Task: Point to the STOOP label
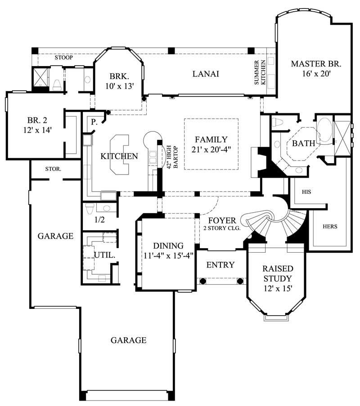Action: pos(63,58)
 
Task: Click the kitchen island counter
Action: pos(119,155)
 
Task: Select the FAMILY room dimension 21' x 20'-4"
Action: pos(211,150)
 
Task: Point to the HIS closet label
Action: pos(306,192)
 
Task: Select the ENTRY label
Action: pos(220,265)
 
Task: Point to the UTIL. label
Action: pos(104,255)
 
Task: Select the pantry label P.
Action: pos(94,122)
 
